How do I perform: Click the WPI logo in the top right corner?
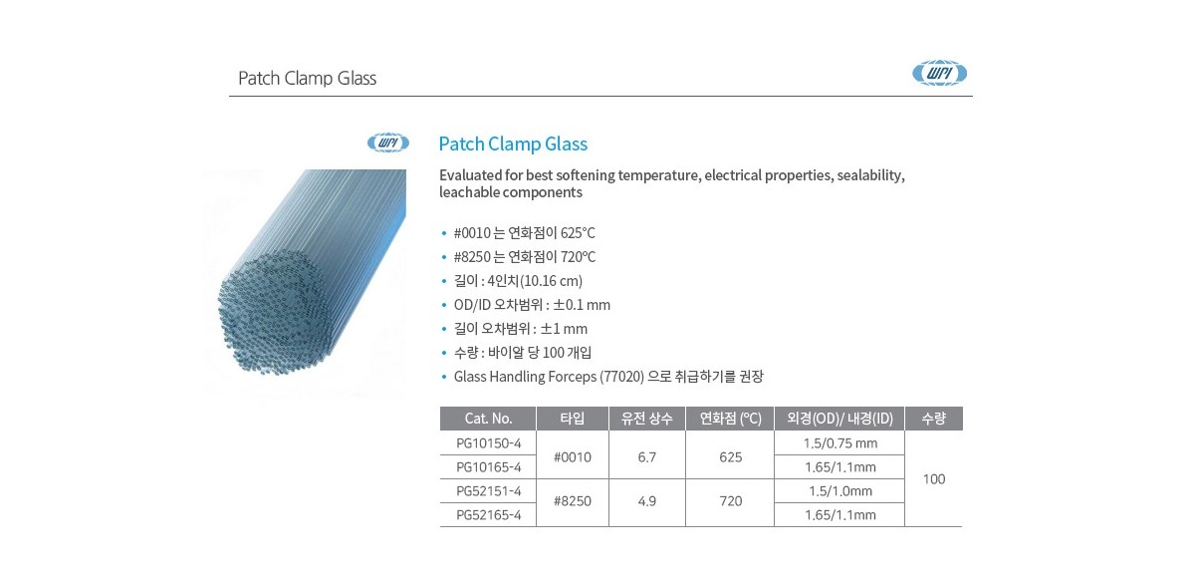940,73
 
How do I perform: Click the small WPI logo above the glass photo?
387,143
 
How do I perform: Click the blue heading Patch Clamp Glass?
513,145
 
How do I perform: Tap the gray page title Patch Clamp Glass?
307,79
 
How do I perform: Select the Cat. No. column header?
488,419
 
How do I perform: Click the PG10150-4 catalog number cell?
488,442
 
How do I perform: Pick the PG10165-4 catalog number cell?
488,466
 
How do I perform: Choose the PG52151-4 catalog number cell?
488,490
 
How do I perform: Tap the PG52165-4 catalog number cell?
488,514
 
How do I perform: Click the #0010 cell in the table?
573,456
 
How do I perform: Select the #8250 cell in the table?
573,501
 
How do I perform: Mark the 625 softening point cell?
730,456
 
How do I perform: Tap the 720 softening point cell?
730,501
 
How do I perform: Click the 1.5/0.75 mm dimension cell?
839,442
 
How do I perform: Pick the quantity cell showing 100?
933,479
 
